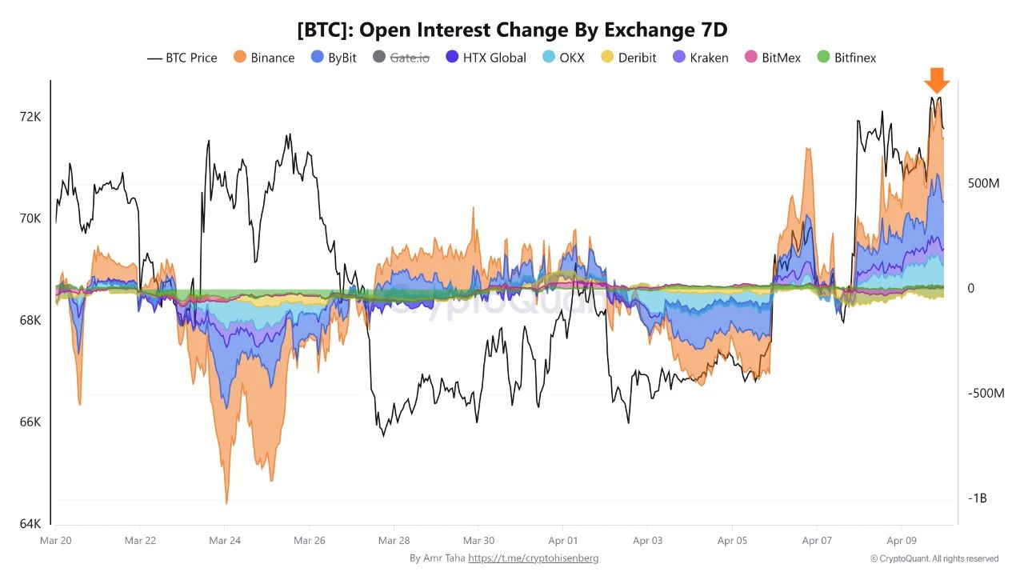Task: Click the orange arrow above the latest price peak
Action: [936, 80]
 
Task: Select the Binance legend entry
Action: [264, 58]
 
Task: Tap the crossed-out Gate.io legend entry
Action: [401, 58]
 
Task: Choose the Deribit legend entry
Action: [629, 58]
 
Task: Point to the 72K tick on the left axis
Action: [30, 117]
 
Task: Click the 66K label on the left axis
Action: [30, 422]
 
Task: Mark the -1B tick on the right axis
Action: [978, 498]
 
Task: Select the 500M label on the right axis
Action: [984, 184]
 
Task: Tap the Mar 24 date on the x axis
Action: [225, 541]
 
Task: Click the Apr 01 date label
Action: [563, 541]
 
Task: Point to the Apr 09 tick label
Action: [902, 541]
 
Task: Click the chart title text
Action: [512, 30]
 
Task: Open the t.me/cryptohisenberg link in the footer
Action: [533, 558]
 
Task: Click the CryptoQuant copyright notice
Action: [934, 558]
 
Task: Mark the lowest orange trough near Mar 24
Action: [227, 502]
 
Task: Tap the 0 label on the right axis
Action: [971, 288]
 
